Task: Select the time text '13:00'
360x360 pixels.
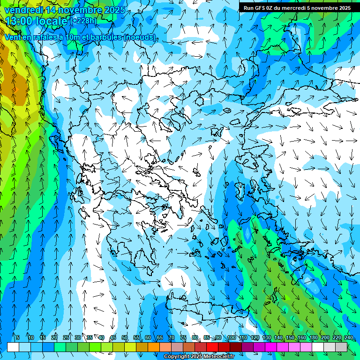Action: click(17, 21)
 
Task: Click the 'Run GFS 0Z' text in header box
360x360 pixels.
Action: click(258, 8)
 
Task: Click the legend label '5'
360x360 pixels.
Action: click(18, 337)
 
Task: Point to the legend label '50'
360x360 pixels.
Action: click(125, 337)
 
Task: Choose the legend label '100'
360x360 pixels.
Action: click(232, 337)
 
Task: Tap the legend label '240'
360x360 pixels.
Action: click(349, 337)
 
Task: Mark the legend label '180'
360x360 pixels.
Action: click(314, 337)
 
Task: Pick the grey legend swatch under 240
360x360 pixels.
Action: click(341, 347)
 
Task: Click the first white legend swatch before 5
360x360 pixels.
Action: click(13, 347)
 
